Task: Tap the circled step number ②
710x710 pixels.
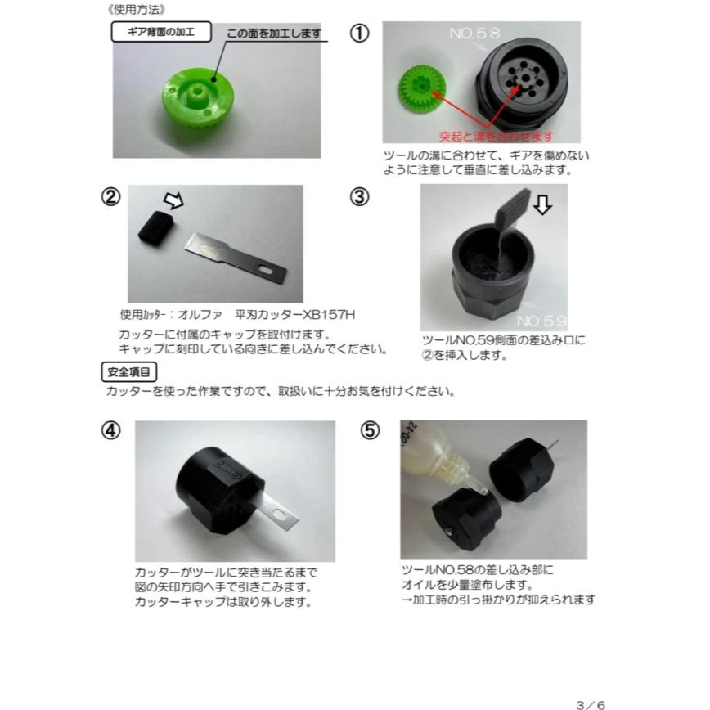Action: pos(111,198)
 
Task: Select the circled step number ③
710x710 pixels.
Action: pos(360,197)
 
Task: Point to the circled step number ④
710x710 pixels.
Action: pos(111,431)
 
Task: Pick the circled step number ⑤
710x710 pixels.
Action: pos(371,431)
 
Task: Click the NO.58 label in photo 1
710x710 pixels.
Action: pos(474,34)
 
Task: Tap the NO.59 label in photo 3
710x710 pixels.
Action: pos(541,320)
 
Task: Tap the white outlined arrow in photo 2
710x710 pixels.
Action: pos(175,200)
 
